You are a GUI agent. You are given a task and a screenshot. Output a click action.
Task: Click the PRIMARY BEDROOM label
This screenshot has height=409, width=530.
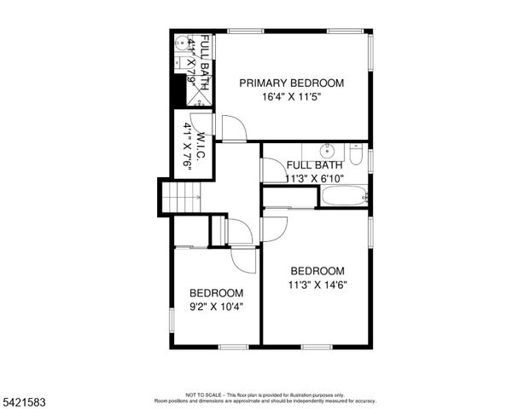coord(291,83)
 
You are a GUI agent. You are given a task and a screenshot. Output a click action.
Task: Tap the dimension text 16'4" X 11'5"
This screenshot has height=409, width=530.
coord(291,96)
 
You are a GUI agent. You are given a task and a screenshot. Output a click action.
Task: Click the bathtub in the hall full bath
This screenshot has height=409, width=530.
coord(343,196)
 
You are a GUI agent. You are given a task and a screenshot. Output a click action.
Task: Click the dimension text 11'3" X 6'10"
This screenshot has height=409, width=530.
coord(314,178)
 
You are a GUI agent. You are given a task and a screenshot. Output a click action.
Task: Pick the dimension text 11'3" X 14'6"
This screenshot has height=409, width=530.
coord(317,285)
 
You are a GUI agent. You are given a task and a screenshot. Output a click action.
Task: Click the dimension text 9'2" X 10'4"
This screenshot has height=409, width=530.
coord(216,307)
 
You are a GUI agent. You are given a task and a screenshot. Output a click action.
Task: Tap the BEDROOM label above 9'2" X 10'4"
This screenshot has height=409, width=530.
coord(216,293)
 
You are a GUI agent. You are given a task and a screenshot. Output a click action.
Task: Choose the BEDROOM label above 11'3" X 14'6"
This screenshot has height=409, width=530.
coord(317,271)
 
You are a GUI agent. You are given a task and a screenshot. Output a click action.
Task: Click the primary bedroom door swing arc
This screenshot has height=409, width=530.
coord(234,129)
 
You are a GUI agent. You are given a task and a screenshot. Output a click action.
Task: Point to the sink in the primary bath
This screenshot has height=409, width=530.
coord(181,42)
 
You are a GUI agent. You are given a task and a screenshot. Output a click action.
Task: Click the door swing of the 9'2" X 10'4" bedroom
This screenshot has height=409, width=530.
coord(242,259)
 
